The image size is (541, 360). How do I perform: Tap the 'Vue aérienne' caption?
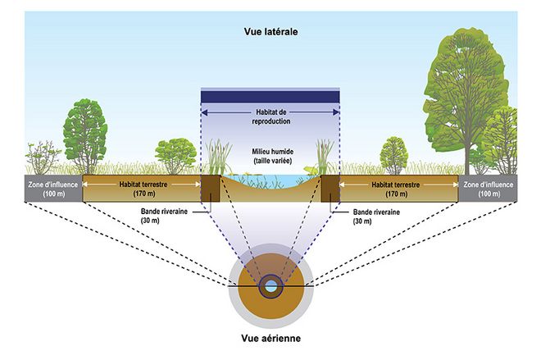click(x=270, y=337)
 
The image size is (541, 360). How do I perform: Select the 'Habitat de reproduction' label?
click(x=270, y=116)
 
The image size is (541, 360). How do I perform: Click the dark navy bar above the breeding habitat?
click(x=270, y=96)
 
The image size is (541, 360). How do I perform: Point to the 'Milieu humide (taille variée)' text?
click(x=270, y=157)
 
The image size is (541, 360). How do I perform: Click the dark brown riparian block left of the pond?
click(x=209, y=187)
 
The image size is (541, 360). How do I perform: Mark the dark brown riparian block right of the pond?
click(x=330, y=187)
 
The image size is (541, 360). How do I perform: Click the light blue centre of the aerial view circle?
click(x=270, y=287)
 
